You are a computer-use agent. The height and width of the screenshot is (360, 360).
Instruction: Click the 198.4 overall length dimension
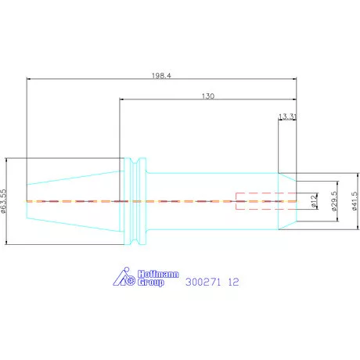pyautogui.click(x=161, y=76)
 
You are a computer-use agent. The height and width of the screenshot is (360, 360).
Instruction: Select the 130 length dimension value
pyautogui.click(x=208, y=96)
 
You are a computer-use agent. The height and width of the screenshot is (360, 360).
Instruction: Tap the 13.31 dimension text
pyautogui.click(x=287, y=117)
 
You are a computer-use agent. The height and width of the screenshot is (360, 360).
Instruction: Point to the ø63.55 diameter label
pyautogui.click(x=3, y=201)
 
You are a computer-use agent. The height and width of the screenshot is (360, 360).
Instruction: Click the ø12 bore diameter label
pyautogui.click(x=315, y=201)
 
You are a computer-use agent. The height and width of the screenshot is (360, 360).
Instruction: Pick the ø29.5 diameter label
pyautogui.click(x=334, y=201)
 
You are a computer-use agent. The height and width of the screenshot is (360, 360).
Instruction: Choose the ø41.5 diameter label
pyautogui.click(x=355, y=201)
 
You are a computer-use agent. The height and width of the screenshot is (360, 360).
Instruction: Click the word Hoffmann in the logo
pyautogui.click(x=158, y=274)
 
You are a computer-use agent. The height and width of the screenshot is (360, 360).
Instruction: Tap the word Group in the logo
pyautogui.click(x=151, y=283)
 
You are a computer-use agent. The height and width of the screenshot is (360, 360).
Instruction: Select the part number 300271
pyautogui.click(x=203, y=282)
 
